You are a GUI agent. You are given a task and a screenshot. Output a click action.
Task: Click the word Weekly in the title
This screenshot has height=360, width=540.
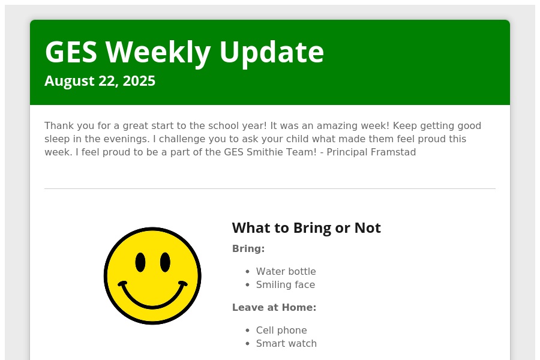pyautogui.click(x=158, y=53)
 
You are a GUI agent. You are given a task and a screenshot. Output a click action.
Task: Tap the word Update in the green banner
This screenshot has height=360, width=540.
pyautogui.click(x=271, y=53)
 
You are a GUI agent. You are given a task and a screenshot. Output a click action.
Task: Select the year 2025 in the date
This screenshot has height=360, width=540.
pyautogui.click(x=139, y=81)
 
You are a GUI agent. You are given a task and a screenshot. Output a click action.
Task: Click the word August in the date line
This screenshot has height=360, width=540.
pyautogui.click(x=69, y=82)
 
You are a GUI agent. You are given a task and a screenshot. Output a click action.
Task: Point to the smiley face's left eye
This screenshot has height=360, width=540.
pyautogui.click(x=140, y=262)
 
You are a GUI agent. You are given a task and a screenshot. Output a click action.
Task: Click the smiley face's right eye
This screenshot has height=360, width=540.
pyautogui.click(x=166, y=262)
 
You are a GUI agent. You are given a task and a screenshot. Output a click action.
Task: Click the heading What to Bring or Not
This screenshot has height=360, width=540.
pyautogui.click(x=307, y=228)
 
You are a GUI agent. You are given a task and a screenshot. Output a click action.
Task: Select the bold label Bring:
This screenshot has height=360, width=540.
pyautogui.click(x=248, y=249)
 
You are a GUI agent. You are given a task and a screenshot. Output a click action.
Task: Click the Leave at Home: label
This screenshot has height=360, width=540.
pyautogui.click(x=274, y=307)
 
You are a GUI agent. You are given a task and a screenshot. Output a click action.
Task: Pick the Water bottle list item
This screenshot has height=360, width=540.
pyautogui.click(x=286, y=271)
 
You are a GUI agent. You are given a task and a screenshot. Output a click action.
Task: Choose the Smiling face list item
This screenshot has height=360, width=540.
pyautogui.click(x=286, y=285)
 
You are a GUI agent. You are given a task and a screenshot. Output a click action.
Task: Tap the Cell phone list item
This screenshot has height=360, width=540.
pyautogui.click(x=281, y=331)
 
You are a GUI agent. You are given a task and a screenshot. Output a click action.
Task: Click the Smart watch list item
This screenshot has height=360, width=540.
pyautogui.click(x=286, y=343)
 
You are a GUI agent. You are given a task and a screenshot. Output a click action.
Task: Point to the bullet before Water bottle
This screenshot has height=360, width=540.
pyautogui.click(x=247, y=272)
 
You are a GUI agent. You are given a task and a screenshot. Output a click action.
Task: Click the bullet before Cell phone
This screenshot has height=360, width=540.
pyautogui.click(x=247, y=331)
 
